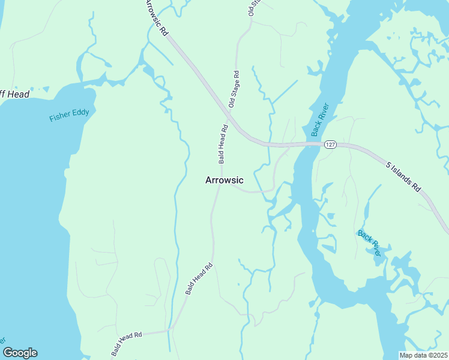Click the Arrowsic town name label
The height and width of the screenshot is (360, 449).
point(224,180)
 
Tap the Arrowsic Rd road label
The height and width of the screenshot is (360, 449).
point(156,18)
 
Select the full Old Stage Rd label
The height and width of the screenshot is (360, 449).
point(235,89)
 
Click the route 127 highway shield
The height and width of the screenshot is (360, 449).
point(331,145)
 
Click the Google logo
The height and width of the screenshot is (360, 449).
point(20,353)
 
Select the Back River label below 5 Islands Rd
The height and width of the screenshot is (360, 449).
point(369,243)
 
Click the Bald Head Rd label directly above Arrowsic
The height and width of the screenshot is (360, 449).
point(222,145)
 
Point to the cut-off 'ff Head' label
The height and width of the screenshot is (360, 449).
point(14,94)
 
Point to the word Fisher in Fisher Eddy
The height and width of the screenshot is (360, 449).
point(59,116)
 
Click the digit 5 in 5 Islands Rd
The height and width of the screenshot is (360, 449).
point(388,163)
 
